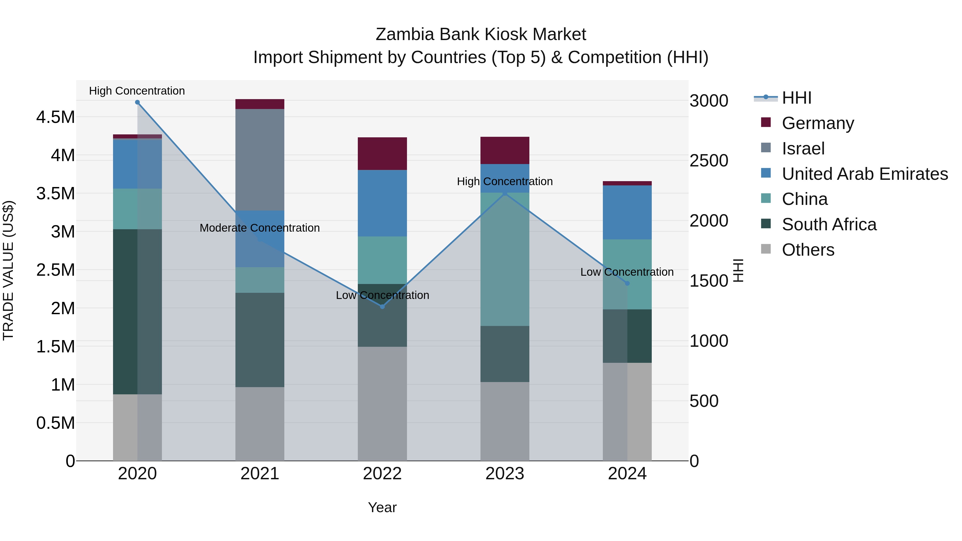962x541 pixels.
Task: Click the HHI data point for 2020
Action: pos(137,102)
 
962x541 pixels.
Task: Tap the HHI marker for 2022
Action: pos(382,306)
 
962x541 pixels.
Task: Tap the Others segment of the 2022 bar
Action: pos(382,403)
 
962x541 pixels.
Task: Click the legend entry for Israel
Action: pos(803,149)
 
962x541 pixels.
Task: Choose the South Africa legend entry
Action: pos(829,224)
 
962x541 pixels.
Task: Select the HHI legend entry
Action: pos(796,98)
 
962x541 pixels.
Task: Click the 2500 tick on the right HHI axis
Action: pos(708,161)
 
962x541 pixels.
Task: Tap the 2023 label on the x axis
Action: pos(505,473)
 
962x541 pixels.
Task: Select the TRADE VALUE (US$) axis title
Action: pos(8,270)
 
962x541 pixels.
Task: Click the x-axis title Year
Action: pos(382,507)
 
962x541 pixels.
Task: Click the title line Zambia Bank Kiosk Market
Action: pos(481,34)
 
